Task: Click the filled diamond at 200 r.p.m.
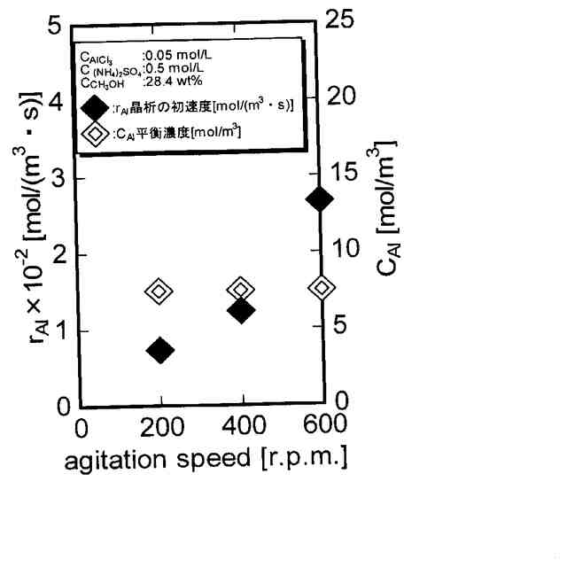[160, 350]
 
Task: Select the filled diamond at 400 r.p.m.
[241, 310]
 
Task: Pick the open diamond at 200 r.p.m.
[159, 291]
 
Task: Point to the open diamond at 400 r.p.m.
[241, 289]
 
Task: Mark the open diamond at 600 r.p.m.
[322, 287]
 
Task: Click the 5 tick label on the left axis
[54, 27]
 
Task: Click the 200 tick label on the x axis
[161, 426]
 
